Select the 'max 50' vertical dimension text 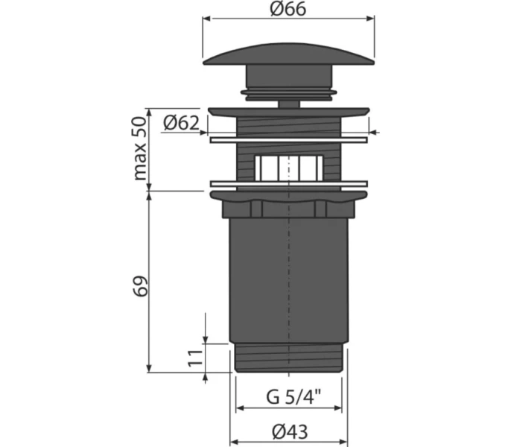139,149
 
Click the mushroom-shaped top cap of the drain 288,59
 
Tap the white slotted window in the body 288,168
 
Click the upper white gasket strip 288,139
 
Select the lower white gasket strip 288,183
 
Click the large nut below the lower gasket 288,204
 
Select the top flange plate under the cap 288,112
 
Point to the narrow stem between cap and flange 288,101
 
